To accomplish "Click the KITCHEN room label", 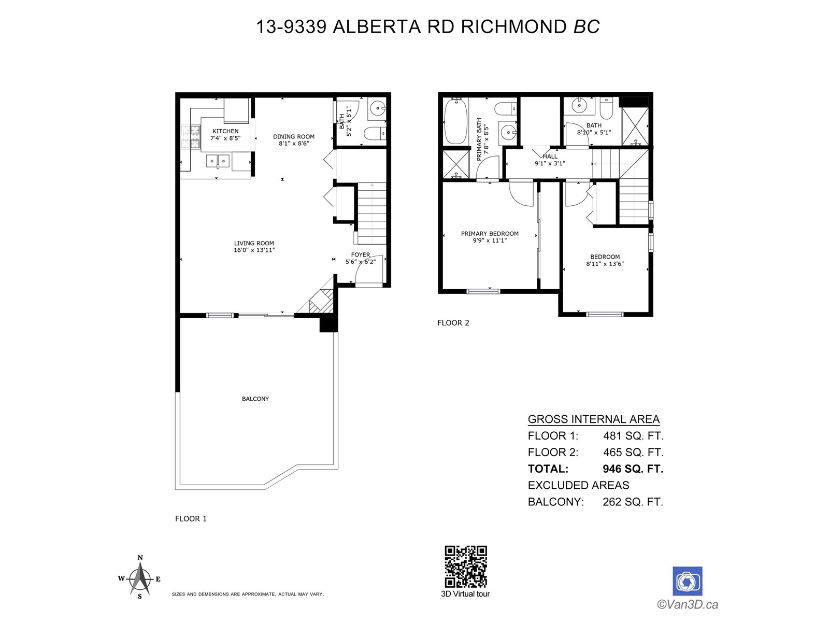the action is [x=225, y=131].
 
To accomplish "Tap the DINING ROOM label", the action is [x=293, y=136].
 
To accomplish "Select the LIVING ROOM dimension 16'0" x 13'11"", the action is [x=254, y=250].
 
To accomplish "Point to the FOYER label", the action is [x=360, y=255].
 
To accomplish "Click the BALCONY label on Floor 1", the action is [x=255, y=399].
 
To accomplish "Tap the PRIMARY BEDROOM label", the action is [x=490, y=233].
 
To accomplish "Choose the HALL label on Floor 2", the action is [x=550, y=157].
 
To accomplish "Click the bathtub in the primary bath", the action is [x=455, y=121].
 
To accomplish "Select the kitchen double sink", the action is [x=218, y=161].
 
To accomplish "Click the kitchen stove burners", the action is [x=190, y=136].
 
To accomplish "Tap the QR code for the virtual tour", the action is [x=466, y=566].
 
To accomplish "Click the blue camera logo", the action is [x=687, y=581].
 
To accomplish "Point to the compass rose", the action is [x=140, y=578].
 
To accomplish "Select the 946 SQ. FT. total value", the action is [x=633, y=469].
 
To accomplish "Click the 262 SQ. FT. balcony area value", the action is [x=633, y=502].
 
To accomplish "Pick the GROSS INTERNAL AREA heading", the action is [x=594, y=419].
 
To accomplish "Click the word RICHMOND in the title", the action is [x=513, y=27].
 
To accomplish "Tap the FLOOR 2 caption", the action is [x=453, y=323].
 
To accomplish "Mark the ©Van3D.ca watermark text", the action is [x=688, y=604].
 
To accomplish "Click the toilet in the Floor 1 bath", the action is [x=375, y=133].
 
